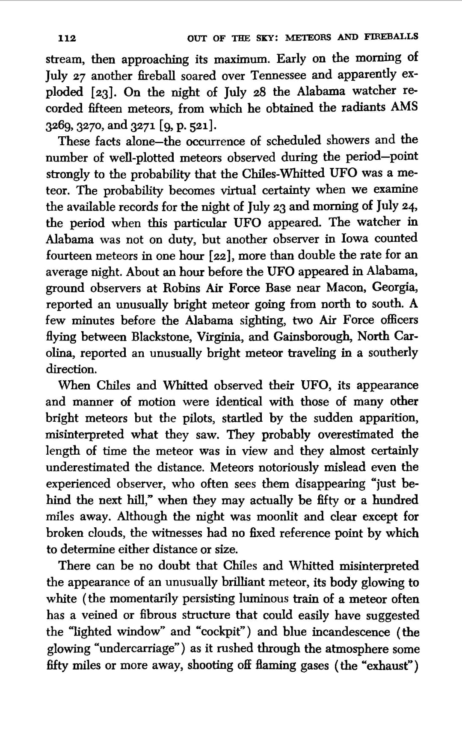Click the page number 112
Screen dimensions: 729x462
(67, 38)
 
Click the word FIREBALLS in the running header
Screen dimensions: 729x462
(391, 37)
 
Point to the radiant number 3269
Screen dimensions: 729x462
(56, 126)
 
